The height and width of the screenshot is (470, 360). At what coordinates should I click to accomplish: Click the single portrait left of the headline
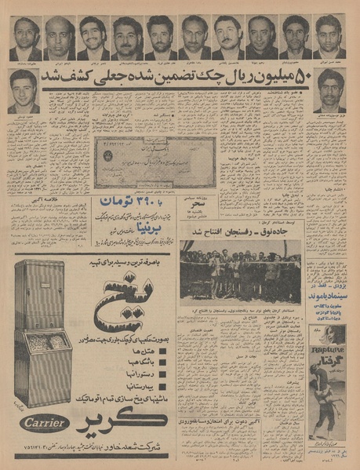pyautogui.click(x=24, y=90)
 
